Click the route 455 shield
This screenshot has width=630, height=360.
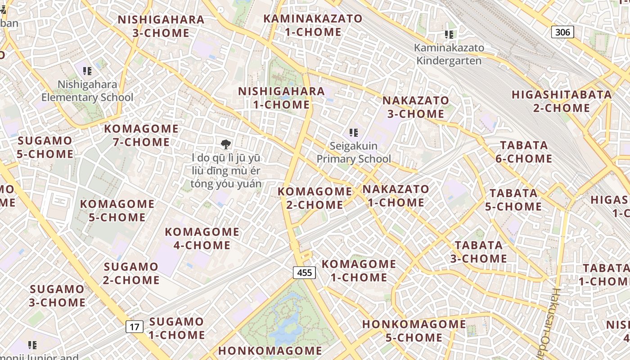[x=304, y=272]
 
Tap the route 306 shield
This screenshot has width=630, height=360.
[x=562, y=32]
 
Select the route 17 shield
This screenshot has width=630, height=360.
[x=135, y=327]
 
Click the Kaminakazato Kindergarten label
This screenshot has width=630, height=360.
[x=449, y=54]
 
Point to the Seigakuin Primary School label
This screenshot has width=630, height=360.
[x=354, y=152]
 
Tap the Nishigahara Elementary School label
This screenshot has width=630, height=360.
[x=87, y=91]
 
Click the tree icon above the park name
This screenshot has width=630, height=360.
[x=226, y=144]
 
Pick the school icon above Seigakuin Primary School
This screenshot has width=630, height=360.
[x=354, y=133]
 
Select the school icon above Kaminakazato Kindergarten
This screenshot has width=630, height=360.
[x=449, y=34]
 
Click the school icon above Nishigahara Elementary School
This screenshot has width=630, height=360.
[x=87, y=71]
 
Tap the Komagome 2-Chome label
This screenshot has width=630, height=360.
[x=315, y=198]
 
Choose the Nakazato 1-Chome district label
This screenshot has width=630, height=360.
[x=396, y=195]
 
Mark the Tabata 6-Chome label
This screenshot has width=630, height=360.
[x=524, y=152]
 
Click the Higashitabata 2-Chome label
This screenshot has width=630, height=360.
[x=562, y=101]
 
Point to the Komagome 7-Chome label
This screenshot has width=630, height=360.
[x=141, y=135]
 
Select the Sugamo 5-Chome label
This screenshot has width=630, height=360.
[x=45, y=147]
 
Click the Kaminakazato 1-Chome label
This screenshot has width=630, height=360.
[x=313, y=25]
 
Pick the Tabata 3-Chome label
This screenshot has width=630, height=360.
[x=479, y=252]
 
